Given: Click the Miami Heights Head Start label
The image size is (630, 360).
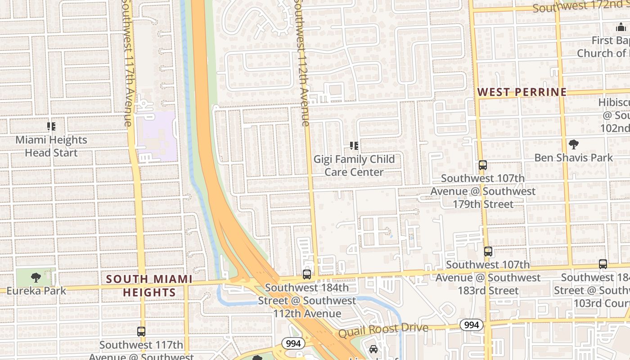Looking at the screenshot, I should [51, 146].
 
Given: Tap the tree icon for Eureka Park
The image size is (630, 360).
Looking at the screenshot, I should [36, 277].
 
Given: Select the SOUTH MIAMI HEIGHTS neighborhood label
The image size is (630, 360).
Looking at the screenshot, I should [149, 286].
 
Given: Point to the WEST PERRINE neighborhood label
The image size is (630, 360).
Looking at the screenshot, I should [522, 92].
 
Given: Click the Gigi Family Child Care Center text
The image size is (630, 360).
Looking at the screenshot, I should [354, 166].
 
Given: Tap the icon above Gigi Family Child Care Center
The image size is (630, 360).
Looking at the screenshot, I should [354, 146].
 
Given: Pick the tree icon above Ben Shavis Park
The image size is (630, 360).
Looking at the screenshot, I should [573, 144].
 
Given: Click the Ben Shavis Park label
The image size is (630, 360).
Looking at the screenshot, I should [573, 157].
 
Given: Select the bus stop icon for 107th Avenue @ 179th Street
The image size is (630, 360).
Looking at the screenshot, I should [483, 165].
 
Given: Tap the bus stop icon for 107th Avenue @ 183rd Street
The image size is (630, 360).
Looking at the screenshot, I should [488, 252].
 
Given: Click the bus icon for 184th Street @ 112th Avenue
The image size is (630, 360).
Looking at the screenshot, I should [307, 274].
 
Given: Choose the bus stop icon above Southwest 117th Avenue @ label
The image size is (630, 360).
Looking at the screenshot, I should [141, 332].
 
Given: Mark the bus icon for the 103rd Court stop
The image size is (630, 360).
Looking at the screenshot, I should [603, 264].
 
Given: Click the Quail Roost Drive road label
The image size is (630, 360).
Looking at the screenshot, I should [383, 330].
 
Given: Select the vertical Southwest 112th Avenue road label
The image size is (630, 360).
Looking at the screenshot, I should [301, 63].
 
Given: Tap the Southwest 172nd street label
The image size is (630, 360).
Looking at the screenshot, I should [580, 6].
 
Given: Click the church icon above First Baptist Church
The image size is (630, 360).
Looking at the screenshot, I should [621, 27].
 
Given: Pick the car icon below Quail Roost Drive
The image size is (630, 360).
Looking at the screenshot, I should [373, 349].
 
